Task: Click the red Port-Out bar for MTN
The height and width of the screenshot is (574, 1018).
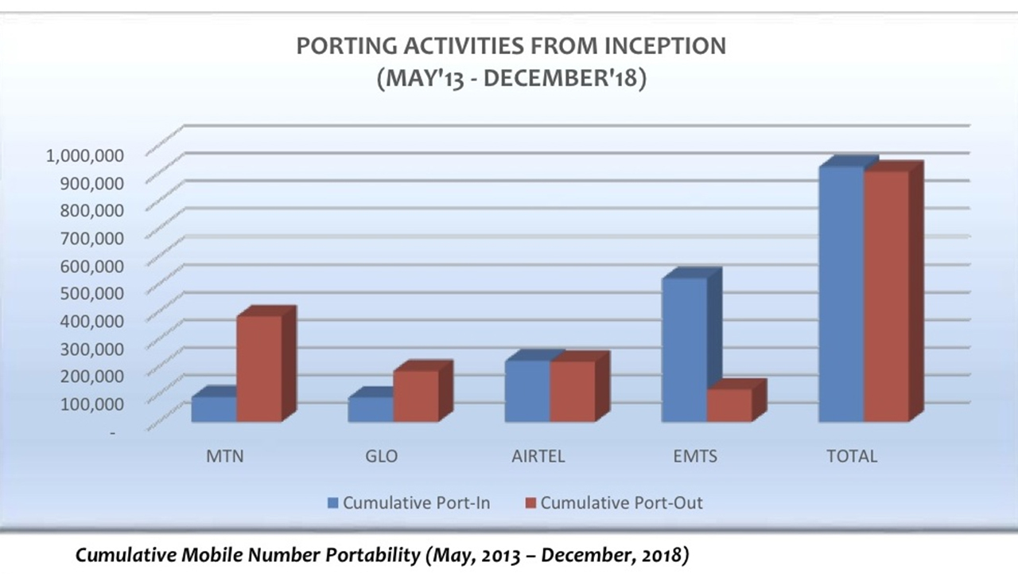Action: pos(259,368)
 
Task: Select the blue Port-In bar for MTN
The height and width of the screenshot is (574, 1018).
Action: pos(214,409)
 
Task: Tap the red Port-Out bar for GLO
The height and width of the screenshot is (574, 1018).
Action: pos(416,396)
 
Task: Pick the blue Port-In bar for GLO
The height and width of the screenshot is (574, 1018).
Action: pos(371,409)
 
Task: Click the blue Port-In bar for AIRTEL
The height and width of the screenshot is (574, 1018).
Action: pos(526,391)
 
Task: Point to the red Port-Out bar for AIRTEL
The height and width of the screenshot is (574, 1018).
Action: pos(572,392)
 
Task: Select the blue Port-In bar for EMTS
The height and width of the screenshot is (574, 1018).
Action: pos(685,349)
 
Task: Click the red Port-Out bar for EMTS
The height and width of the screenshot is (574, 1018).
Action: pos(729,405)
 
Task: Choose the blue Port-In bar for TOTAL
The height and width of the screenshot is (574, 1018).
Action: pos(841,294)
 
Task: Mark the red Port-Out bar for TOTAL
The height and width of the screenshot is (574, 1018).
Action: pos(886,296)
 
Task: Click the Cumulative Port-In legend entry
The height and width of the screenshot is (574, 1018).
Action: pos(408,503)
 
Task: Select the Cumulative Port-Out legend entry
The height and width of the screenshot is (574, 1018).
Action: pos(613,503)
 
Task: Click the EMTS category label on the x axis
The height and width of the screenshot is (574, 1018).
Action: pos(694,457)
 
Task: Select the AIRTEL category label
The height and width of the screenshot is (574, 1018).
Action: pos(538,457)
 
